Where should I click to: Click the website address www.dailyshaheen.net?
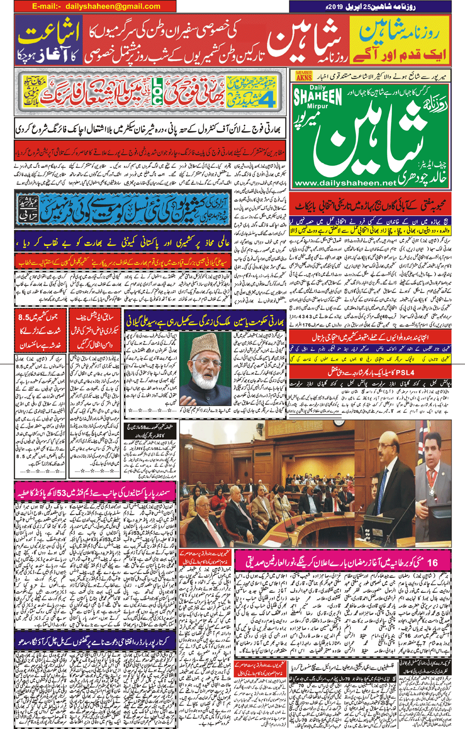pyautogui.click(x=345, y=183)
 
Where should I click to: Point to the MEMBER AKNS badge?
pyautogui.click(x=304, y=76)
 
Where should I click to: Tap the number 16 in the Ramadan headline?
pyautogui.click(x=433, y=562)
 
